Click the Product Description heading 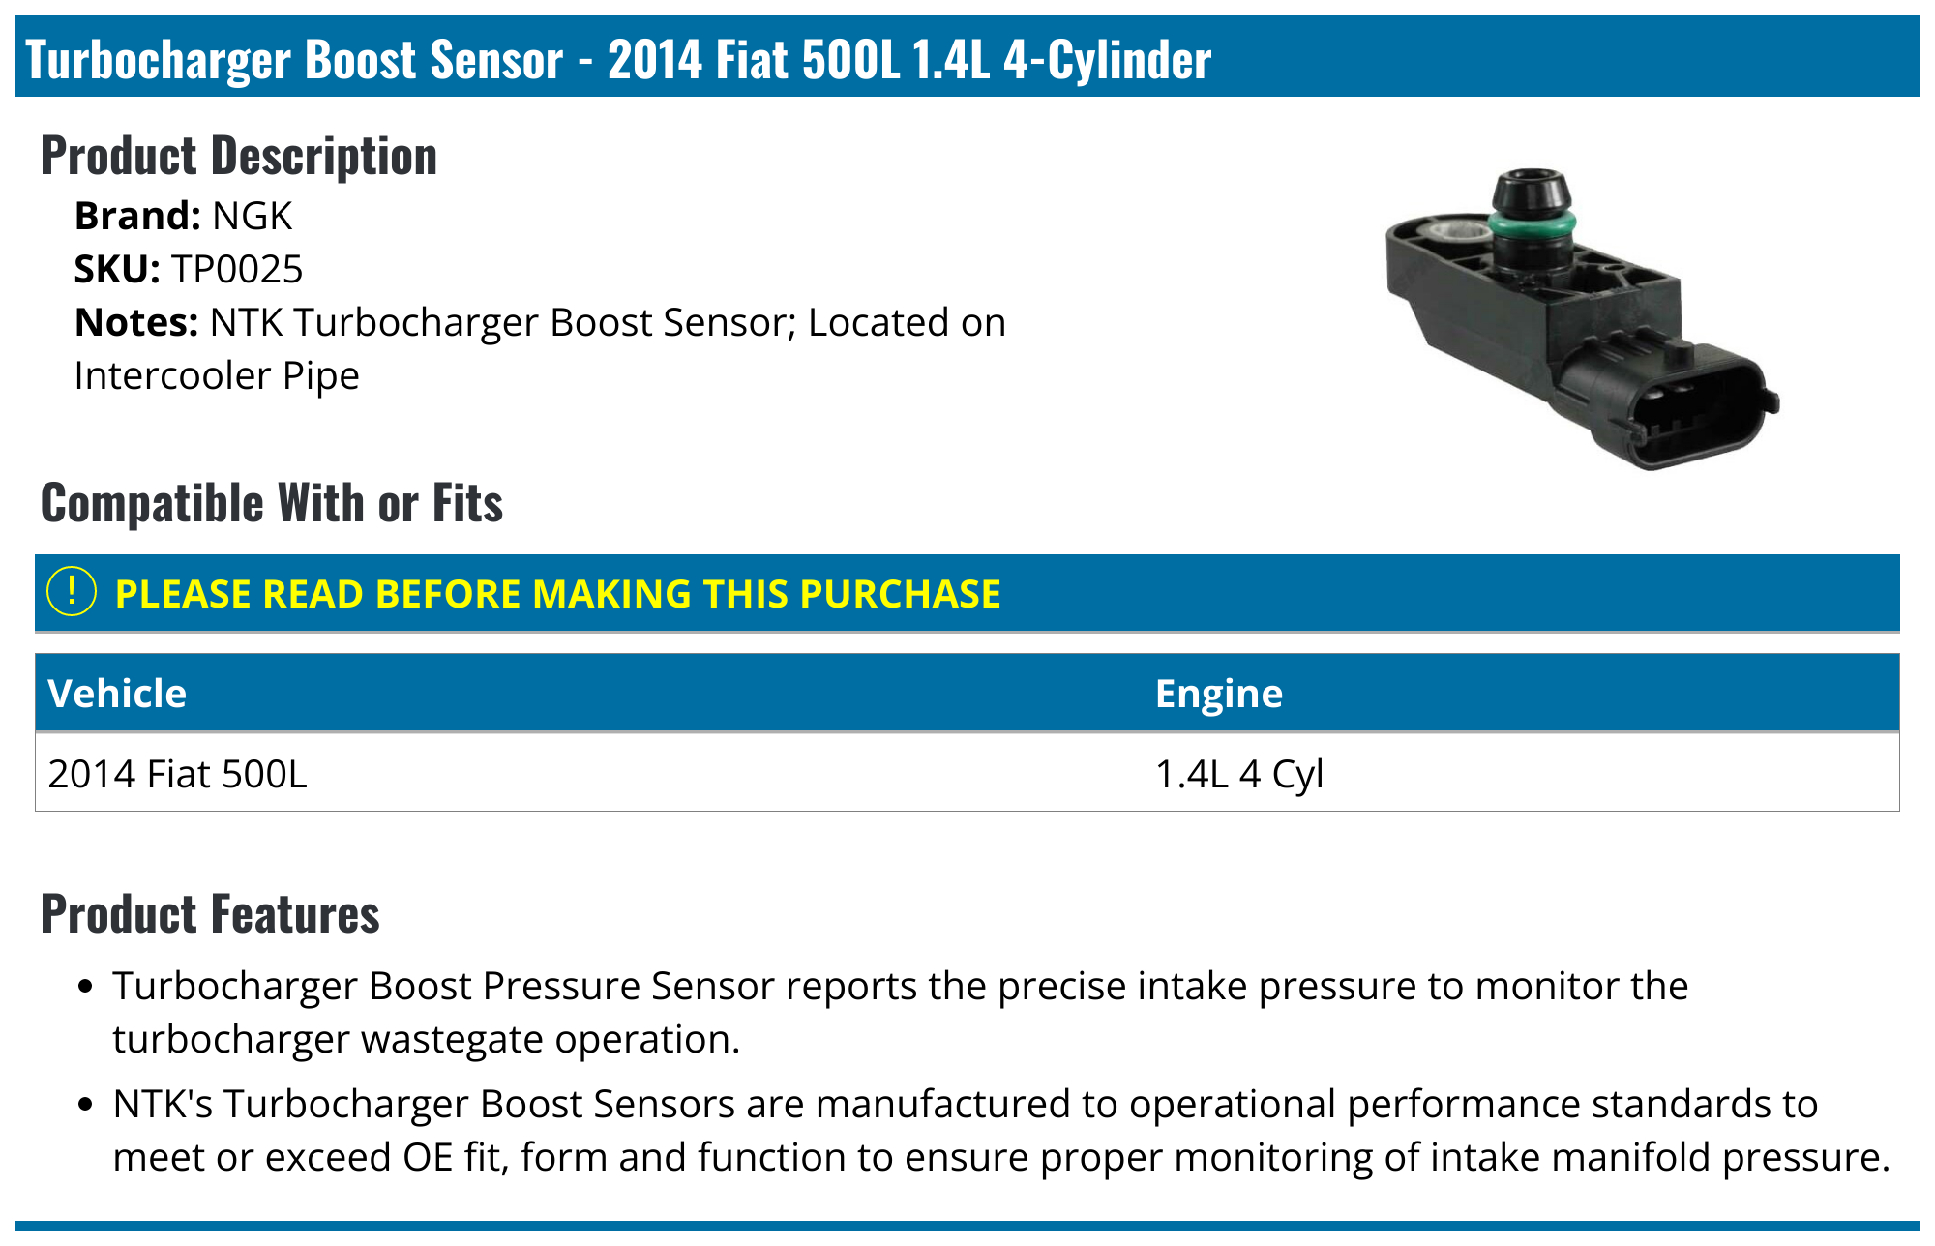click(x=239, y=156)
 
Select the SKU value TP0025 click(x=237, y=269)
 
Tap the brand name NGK click(x=252, y=216)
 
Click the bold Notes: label click(x=136, y=322)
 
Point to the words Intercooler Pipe click(x=217, y=375)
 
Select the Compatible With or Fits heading click(x=272, y=503)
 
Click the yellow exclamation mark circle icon click(x=72, y=591)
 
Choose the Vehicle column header click(x=117, y=694)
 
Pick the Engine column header click(x=1219, y=694)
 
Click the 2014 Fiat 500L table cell click(x=177, y=774)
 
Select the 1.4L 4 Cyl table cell click(x=1239, y=774)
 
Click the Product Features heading click(x=210, y=914)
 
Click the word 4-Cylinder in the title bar click(x=1107, y=59)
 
